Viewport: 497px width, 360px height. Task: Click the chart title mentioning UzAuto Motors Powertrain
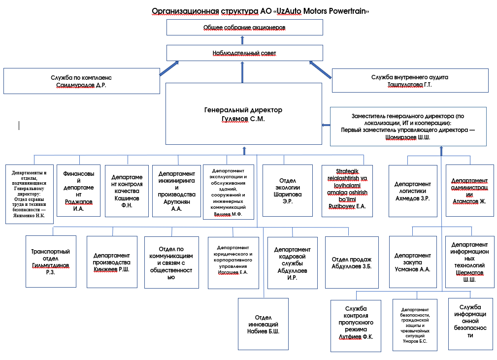(260, 11)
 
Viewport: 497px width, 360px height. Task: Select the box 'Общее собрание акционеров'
(245, 27)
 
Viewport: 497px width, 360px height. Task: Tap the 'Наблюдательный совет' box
(245, 53)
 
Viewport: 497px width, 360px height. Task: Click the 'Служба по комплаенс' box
(82, 81)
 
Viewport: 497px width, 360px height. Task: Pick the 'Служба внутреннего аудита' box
(410, 80)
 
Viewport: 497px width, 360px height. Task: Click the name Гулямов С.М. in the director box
(243, 119)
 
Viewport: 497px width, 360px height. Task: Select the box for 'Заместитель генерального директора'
(408, 127)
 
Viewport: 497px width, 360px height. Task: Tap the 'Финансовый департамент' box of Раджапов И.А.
(79, 191)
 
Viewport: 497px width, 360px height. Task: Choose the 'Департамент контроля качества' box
(127, 191)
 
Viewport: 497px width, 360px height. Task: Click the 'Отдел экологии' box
(288, 191)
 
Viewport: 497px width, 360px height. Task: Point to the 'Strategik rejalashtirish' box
(347, 191)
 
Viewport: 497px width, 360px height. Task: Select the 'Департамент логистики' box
(413, 191)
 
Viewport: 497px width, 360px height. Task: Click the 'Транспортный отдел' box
(51, 262)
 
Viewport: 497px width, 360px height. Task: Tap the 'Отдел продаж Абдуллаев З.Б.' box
(352, 262)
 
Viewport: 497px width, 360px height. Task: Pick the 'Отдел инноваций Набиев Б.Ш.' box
(263, 324)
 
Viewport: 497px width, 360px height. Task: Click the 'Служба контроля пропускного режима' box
(356, 326)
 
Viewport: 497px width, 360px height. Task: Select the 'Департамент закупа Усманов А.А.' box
(413, 262)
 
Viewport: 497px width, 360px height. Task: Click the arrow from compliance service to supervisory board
(169, 68)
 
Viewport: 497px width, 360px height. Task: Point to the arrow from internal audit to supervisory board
(320, 70)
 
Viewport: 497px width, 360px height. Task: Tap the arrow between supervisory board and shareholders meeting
(242, 40)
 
